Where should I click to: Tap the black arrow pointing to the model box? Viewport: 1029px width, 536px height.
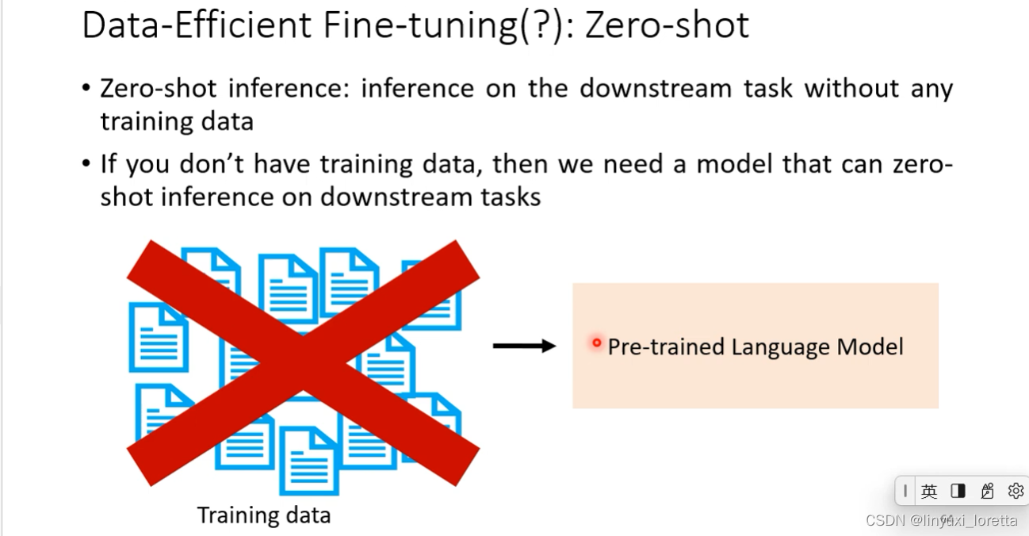pos(524,346)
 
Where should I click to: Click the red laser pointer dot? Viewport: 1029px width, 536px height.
pos(597,343)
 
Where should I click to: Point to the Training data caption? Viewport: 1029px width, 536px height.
pos(263,515)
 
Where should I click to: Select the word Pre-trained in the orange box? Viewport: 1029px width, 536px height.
pos(666,347)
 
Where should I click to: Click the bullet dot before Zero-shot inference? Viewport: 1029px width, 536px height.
pos(86,87)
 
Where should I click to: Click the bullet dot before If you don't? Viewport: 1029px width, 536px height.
pos(86,164)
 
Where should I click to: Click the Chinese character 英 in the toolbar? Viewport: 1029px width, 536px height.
pos(929,492)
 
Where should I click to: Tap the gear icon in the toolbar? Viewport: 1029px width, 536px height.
pos(1016,492)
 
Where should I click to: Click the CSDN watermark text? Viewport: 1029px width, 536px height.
pos(886,520)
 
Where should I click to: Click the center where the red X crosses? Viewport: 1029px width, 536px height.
pos(304,363)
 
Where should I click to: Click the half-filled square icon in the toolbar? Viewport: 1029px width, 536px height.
pos(958,492)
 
